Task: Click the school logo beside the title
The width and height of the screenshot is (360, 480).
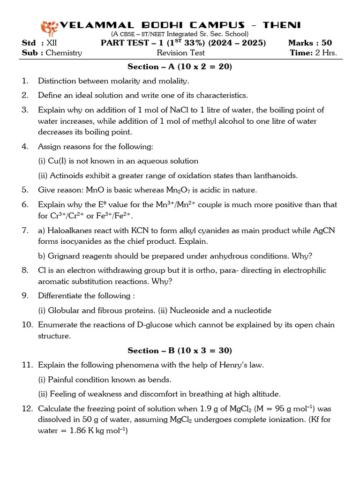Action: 48,28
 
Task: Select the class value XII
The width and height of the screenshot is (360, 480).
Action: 52,43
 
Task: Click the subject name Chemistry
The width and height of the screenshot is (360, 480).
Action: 64,52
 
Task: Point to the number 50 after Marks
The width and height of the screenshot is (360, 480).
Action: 326,43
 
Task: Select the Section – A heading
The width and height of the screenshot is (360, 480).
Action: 180,67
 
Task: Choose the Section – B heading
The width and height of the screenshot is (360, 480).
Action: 180,350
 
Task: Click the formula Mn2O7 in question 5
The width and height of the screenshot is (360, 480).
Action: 180,190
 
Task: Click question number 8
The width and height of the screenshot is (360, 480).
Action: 25,270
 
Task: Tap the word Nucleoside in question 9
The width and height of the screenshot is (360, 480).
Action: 189,310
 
